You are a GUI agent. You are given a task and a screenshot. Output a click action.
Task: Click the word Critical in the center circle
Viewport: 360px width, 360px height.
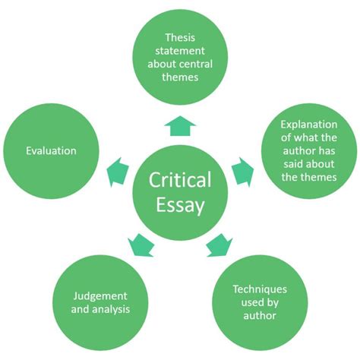click(179, 181)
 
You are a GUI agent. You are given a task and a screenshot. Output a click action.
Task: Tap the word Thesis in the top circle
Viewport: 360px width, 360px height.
click(179, 38)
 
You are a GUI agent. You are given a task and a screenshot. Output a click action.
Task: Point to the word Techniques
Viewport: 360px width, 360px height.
click(261, 289)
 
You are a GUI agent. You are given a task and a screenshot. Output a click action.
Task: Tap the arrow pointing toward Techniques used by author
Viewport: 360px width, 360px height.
click(219, 245)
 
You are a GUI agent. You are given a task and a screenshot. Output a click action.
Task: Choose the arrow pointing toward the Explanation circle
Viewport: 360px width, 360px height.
click(242, 172)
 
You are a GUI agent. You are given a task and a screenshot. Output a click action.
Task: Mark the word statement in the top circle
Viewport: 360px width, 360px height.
click(179, 51)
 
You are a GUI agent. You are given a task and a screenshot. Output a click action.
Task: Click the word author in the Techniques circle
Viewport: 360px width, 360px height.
click(261, 315)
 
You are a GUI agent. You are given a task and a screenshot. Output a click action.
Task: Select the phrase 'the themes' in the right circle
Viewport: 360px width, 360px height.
click(308, 176)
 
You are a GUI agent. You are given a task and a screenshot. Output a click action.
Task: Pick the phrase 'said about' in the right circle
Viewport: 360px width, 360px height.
click(308, 163)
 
